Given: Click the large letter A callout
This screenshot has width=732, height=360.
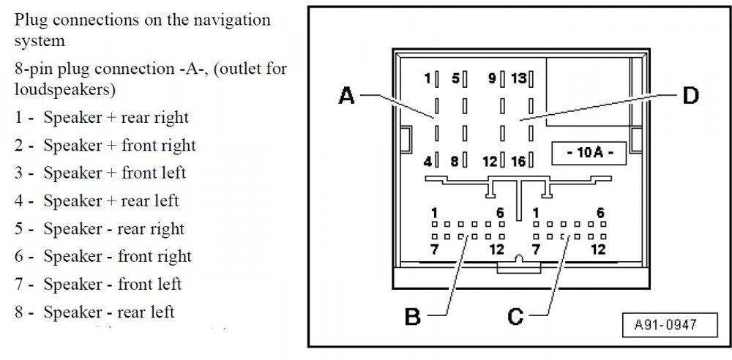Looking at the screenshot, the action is point(346,96).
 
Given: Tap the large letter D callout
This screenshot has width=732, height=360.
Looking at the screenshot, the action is point(690,96).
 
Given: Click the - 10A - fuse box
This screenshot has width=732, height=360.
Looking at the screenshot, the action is point(589,153).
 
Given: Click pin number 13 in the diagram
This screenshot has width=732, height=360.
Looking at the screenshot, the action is point(519,78).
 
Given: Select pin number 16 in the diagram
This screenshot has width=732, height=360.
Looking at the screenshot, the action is point(519,161).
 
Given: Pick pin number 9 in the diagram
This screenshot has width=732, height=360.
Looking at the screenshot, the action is point(492,78).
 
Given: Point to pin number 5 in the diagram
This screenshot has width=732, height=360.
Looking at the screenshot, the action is point(455,78).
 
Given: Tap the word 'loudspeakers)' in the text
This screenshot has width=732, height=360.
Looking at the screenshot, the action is point(64,89).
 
